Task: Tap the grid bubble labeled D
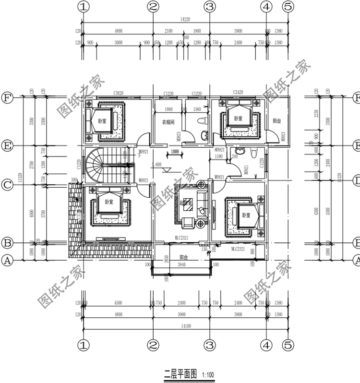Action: point(356,181)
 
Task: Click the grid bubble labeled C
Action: point(7,184)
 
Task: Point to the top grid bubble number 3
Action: point(209,7)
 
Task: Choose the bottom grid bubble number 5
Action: point(288,345)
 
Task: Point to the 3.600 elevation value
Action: point(156,165)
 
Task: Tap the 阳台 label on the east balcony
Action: point(277,121)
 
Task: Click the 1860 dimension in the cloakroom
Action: point(168,109)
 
